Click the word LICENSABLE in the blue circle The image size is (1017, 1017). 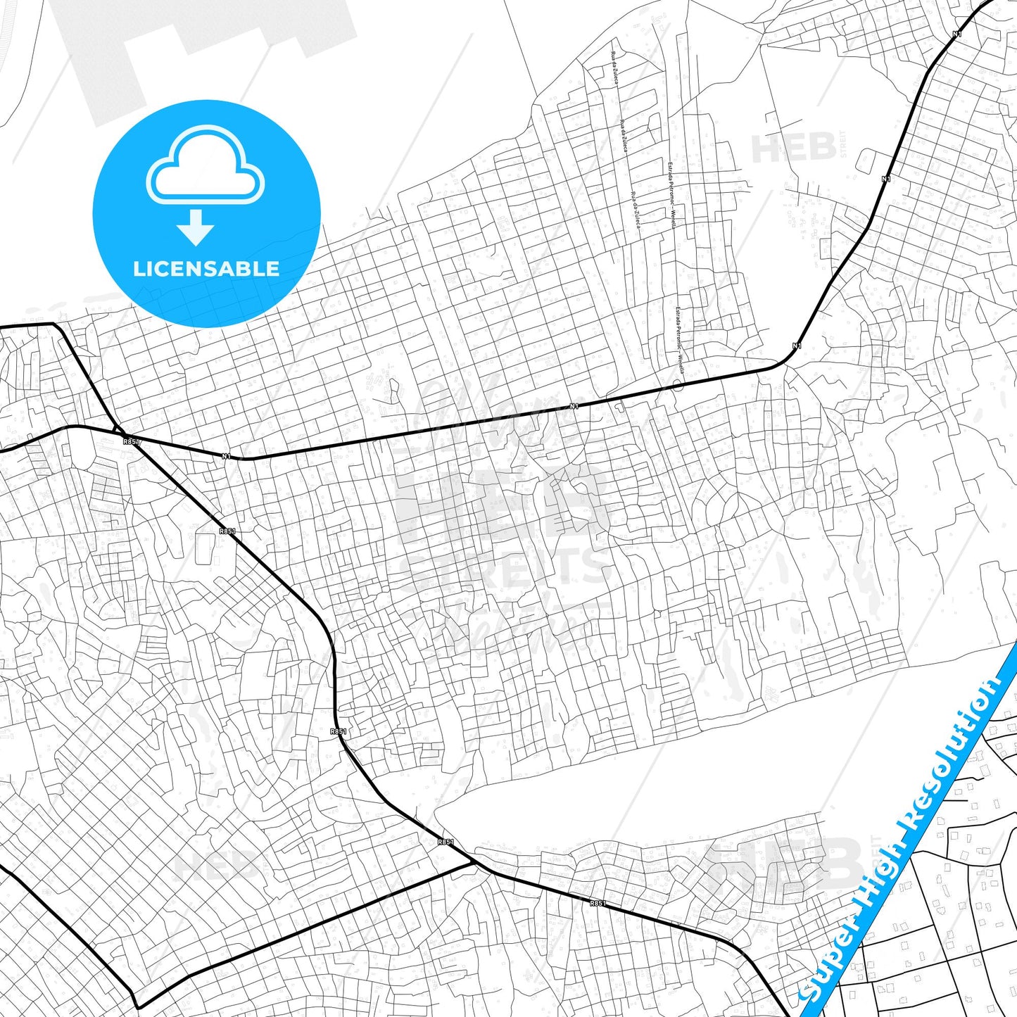tap(206, 269)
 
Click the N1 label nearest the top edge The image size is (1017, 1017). tap(956, 34)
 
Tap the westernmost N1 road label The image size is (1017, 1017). tap(226, 456)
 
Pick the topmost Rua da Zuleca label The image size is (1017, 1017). tap(614, 68)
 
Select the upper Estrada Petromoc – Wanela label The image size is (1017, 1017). tap(671, 196)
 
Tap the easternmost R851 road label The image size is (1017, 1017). tap(598, 903)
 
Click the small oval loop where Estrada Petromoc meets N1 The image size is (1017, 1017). tap(678, 385)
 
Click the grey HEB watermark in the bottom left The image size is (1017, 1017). tap(215, 865)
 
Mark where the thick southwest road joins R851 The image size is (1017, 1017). tap(472, 859)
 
